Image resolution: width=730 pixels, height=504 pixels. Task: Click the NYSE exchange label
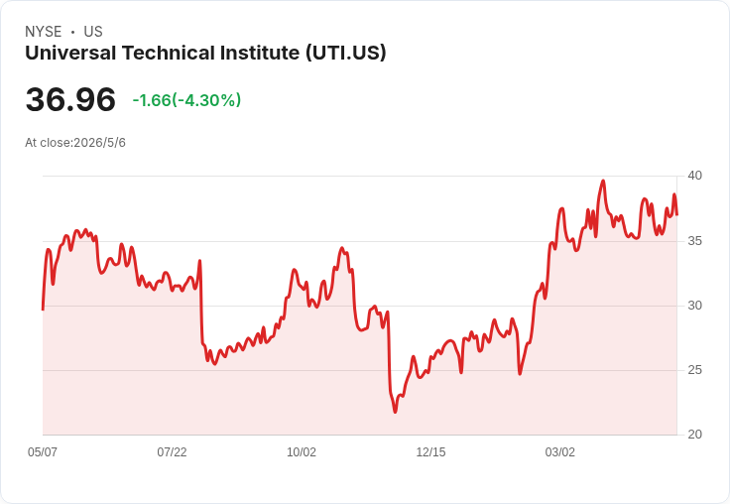click(44, 32)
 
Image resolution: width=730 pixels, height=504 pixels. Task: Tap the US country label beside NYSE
click(93, 32)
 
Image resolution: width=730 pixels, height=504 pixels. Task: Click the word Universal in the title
click(70, 53)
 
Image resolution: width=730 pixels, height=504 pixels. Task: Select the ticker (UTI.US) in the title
click(346, 53)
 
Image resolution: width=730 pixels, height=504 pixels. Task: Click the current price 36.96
click(70, 99)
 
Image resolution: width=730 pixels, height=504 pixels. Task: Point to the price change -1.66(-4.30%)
click(186, 100)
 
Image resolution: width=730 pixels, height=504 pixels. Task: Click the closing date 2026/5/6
click(99, 143)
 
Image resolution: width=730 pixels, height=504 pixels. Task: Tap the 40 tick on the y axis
click(695, 176)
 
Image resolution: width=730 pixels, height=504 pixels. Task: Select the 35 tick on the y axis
click(695, 241)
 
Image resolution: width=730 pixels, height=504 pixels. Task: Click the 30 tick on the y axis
click(695, 306)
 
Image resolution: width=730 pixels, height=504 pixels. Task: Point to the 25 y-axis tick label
click(695, 370)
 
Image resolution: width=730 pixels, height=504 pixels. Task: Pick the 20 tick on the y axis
click(695, 435)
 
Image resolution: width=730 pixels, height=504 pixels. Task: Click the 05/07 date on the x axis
click(43, 451)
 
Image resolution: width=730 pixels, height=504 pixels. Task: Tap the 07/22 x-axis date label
click(172, 451)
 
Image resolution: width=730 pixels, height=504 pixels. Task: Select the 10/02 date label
click(302, 451)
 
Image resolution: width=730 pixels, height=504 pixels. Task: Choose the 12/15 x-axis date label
click(430, 451)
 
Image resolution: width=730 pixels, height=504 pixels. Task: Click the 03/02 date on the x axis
click(560, 451)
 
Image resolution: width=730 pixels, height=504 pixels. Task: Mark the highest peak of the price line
click(603, 181)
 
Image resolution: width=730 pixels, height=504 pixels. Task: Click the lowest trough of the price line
click(396, 412)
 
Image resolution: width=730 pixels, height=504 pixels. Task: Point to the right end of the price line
click(676, 214)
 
